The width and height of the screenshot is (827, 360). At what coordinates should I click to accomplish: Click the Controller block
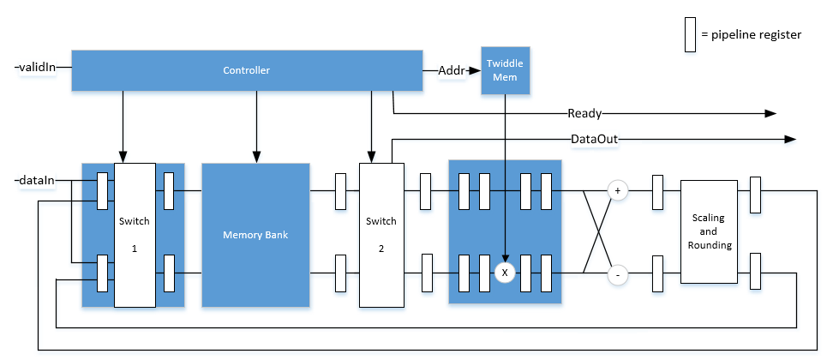(247, 70)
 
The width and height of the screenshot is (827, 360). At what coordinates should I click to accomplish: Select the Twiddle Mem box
(505, 69)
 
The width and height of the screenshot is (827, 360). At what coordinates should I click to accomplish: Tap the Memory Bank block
(255, 235)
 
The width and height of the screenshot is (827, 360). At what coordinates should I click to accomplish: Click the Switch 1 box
(135, 235)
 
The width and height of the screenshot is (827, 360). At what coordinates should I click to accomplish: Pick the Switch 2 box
(381, 235)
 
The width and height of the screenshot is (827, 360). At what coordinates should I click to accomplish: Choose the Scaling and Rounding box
(708, 231)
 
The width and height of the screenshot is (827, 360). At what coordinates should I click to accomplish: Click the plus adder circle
(616, 190)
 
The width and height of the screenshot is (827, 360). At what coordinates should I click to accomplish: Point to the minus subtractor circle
(616, 275)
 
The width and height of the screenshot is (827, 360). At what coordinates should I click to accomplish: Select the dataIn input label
(34, 181)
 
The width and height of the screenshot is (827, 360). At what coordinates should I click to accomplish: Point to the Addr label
(451, 70)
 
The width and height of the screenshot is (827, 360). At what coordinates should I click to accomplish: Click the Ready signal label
(584, 113)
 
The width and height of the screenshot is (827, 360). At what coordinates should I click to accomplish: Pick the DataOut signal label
(595, 138)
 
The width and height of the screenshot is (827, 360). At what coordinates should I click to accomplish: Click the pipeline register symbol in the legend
(688, 34)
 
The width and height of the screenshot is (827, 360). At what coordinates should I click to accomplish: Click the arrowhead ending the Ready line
(770, 113)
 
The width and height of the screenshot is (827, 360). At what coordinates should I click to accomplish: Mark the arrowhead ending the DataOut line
(789, 139)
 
